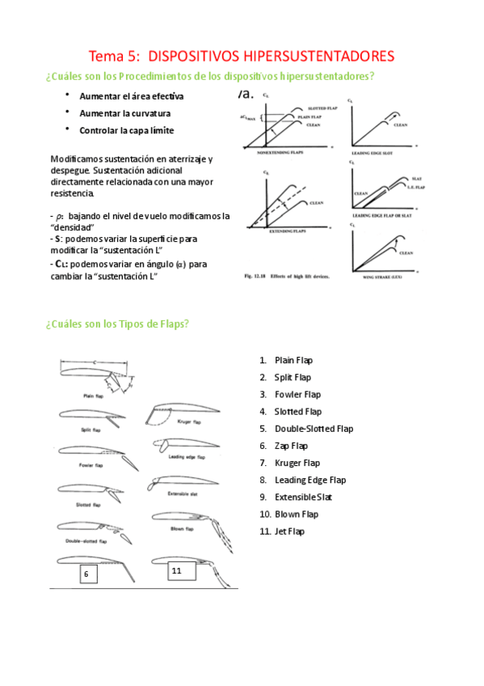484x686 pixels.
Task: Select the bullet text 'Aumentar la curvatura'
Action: coord(124,112)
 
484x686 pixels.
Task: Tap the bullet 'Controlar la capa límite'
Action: coord(126,130)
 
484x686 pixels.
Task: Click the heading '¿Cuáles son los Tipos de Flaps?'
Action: coord(118,324)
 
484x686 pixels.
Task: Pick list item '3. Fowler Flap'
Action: coord(297,395)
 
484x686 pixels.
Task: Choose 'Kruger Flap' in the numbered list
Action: coord(297,463)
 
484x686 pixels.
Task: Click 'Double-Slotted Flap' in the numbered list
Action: coord(314,429)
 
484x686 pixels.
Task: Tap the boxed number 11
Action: coord(179,571)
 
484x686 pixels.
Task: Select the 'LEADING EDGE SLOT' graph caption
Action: coord(379,152)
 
